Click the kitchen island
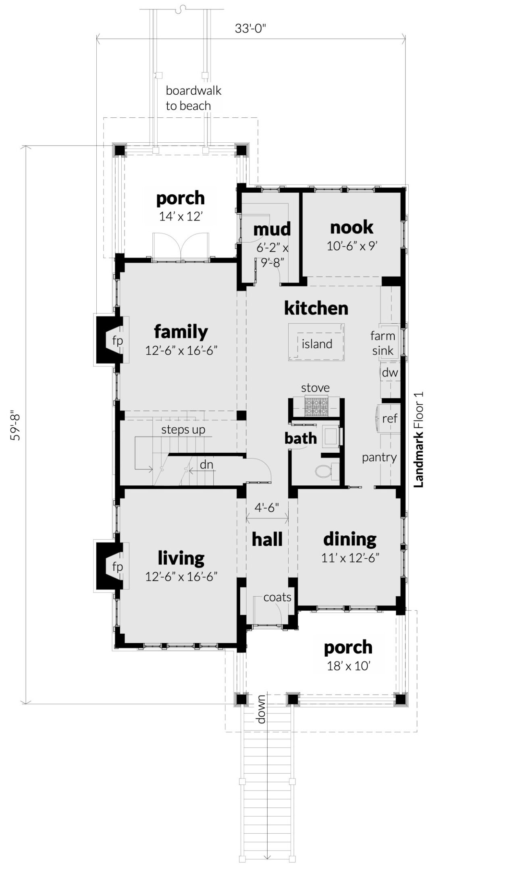(316, 342)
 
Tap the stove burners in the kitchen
(316, 406)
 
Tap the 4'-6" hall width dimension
(267, 507)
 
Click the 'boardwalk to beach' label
(193, 98)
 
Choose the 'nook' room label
(352, 228)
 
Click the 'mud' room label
(272, 229)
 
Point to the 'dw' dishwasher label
(390, 372)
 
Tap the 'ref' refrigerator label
(390, 418)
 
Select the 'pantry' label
(379, 458)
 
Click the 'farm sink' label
(383, 343)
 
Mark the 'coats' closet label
(277, 597)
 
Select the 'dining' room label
(350, 539)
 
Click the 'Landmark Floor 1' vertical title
(419, 439)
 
